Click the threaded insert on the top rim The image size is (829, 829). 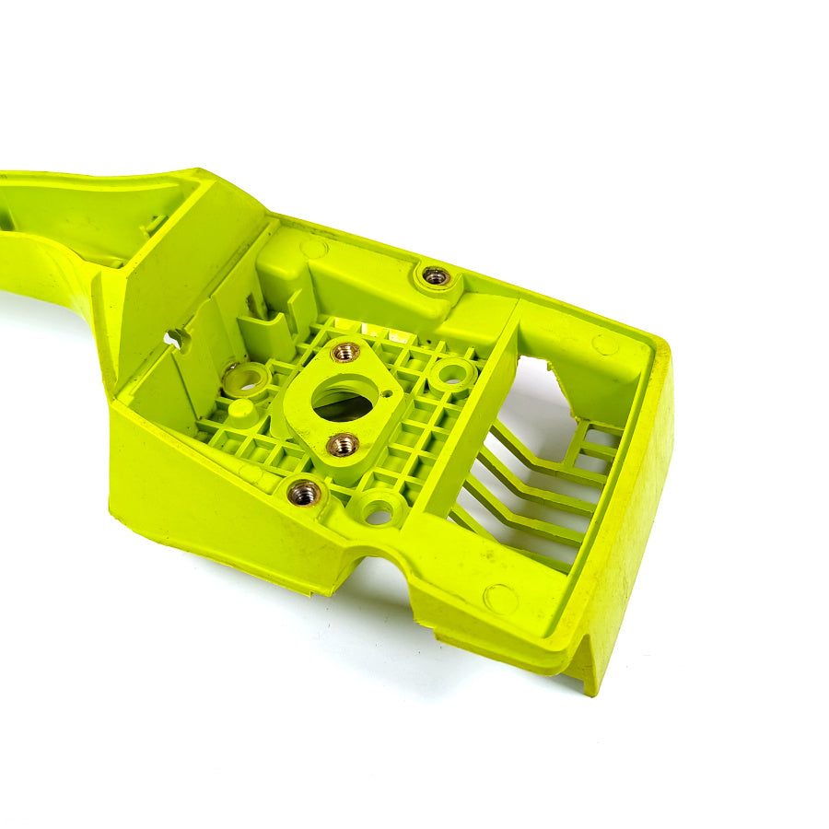tap(435, 275)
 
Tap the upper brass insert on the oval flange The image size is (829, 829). tap(345, 352)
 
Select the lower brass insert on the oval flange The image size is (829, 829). tap(343, 445)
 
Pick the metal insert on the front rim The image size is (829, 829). tap(304, 493)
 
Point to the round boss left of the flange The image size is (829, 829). tap(247, 379)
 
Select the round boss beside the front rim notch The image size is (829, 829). tap(379, 508)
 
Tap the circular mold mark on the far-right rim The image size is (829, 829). tap(604, 344)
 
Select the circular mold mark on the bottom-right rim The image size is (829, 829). tap(500, 599)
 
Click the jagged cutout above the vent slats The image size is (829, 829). tap(553, 378)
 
